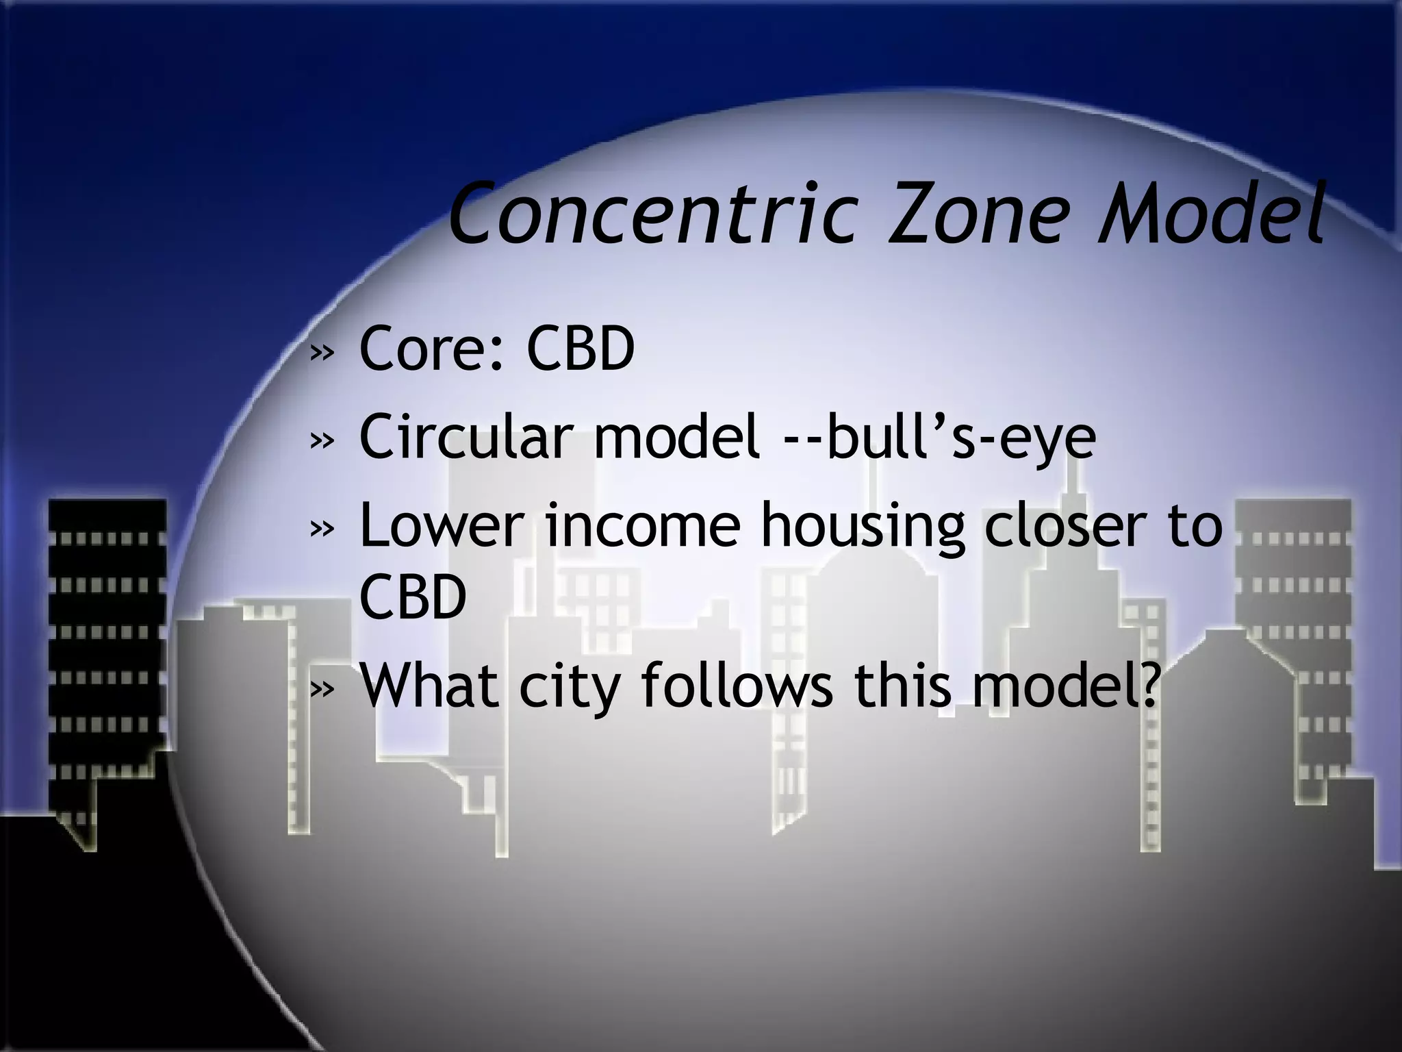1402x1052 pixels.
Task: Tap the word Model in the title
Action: click(1208, 214)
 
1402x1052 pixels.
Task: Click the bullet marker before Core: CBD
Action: click(322, 353)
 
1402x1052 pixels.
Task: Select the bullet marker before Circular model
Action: click(322, 441)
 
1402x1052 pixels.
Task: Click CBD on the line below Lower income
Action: click(413, 597)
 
